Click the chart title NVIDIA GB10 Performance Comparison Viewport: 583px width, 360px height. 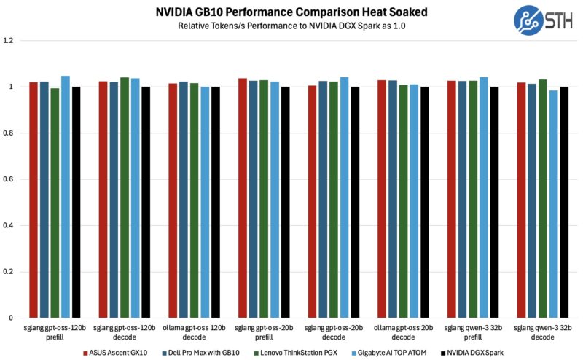click(x=291, y=12)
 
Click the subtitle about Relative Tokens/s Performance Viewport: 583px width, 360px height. click(x=291, y=26)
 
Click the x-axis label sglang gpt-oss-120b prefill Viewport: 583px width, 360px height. click(x=55, y=334)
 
